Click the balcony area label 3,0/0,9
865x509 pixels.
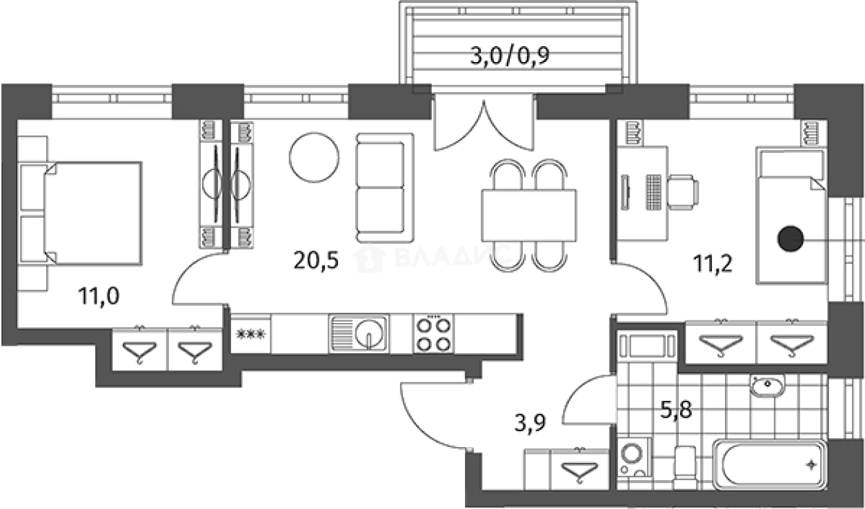(x=510, y=56)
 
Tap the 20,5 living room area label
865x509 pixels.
(x=316, y=260)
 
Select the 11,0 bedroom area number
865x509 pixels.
(x=99, y=297)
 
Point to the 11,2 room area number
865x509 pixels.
(x=713, y=264)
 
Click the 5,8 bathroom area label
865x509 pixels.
(x=676, y=410)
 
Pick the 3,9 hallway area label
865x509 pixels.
(x=530, y=422)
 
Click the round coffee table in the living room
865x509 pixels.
(x=314, y=157)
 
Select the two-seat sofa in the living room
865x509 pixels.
(x=385, y=188)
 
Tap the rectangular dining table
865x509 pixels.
(x=529, y=215)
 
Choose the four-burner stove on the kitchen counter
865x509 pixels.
(x=434, y=334)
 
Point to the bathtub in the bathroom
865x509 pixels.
(x=770, y=464)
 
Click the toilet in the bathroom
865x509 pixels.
(x=685, y=468)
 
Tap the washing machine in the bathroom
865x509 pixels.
(x=634, y=457)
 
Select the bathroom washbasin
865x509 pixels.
(x=767, y=386)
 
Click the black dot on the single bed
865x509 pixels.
(x=791, y=239)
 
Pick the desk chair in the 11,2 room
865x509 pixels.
(x=683, y=192)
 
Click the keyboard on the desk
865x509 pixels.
(x=653, y=192)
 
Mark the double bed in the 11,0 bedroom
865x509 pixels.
(x=92, y=214)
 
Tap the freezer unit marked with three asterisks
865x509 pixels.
(x=250, y=334)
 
